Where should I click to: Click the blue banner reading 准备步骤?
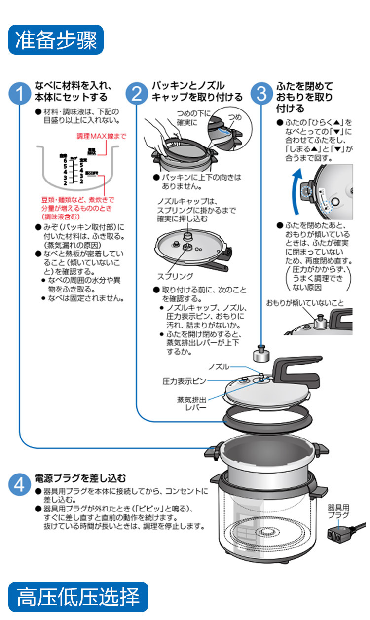pyautogui.click(x=56, y=40)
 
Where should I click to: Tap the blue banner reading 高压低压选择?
pyautogui.click(x=78, y=597)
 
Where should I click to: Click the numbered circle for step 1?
pyautogui.click(x=20, y=93)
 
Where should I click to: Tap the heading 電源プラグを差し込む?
pyautogui.click(x=80, y=478)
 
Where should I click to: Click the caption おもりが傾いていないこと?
pyautogui.click(x=305, y=302)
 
